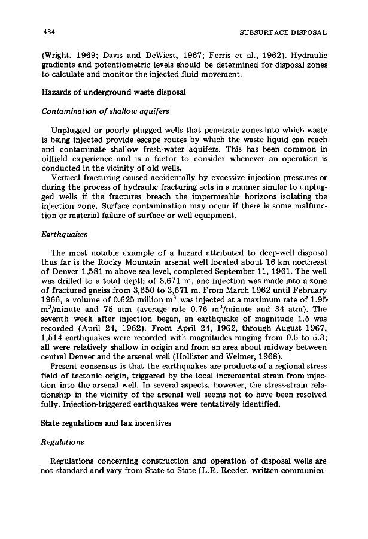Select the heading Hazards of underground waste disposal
105,91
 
